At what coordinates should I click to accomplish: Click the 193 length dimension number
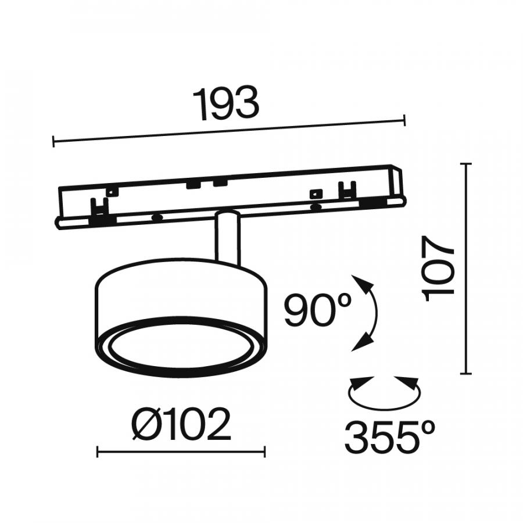tap(226, 104)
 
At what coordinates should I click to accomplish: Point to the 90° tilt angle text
tap(317, 310)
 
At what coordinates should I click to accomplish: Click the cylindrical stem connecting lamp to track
tap(228, 238)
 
